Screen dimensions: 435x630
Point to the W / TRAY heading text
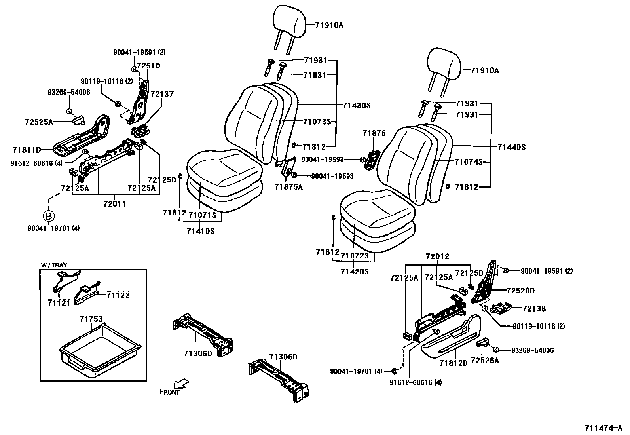tap(54, 265)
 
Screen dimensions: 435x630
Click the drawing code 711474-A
tap(603, 428)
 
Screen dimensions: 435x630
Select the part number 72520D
tap(520, 291)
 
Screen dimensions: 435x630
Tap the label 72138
tap(534, 308)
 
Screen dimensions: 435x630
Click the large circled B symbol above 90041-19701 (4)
tap(48, 216)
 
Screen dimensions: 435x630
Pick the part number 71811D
tap(27, 150)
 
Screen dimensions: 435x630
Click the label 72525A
tap(38, 122)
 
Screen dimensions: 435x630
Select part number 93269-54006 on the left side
tap(68, 92)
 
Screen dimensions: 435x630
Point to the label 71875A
tap(288, 187)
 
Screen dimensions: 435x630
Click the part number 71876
tap(374, 133)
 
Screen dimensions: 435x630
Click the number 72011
tap(114, 204)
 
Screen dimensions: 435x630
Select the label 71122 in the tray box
tap(118, 295)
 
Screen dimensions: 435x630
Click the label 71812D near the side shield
tap(454, 363)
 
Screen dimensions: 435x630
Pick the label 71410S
tap(200, 231)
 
